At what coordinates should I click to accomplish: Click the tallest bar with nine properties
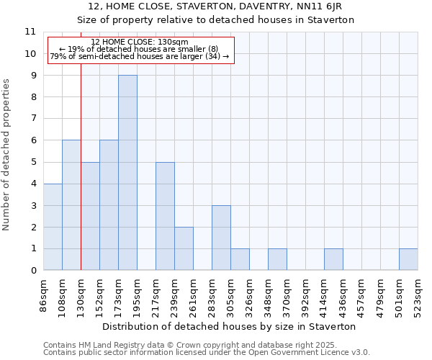pyautogui.click(x=127, y=173)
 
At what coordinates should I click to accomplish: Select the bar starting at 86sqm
pyautogui.click(x=53, y=227)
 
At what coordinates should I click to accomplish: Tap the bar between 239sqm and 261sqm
pyautogui.click(x=184, y=248)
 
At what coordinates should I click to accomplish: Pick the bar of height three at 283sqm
pyautogui.click(x=221, y=238)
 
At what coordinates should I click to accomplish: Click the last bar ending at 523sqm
pyautogui.click(x=408, y=259)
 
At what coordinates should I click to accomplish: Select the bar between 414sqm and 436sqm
pyautogui.click(x=333, y=259)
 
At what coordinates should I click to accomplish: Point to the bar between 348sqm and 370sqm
pyautogui.click(x=277, y=259)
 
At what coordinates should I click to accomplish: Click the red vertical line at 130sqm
pyautogui.click(x=81, y=180)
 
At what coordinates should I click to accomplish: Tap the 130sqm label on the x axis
pyautogui.click(x=81, y=294)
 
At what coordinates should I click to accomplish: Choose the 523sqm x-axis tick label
pyautogui.click(x=418, y=294)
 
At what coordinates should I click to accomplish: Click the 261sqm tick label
pyautogui.click(x=193, y=294)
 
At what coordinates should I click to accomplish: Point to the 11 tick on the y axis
pyautogui.click(x=30, y=32)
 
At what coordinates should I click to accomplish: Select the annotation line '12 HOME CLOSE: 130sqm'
pyautogui.click(x=140, y=42)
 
